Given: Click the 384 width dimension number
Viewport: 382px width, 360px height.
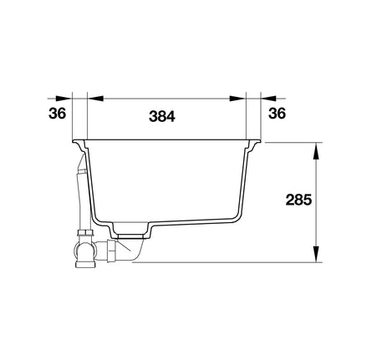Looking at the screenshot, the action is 162,116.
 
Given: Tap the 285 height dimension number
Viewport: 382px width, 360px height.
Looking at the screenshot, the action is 298,200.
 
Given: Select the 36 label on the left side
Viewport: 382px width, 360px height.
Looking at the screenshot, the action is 58,114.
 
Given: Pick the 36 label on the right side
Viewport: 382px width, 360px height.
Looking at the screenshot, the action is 278,114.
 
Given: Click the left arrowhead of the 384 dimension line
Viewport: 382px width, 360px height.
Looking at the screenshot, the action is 95,99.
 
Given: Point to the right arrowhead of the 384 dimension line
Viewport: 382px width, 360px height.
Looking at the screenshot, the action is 237,99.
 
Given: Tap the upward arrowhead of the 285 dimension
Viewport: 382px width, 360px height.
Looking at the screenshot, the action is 316,151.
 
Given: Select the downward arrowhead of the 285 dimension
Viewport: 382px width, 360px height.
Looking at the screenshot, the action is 316,254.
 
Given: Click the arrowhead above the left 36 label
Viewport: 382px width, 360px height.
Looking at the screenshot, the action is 64,99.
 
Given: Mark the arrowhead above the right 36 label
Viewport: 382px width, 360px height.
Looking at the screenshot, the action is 268,99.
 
